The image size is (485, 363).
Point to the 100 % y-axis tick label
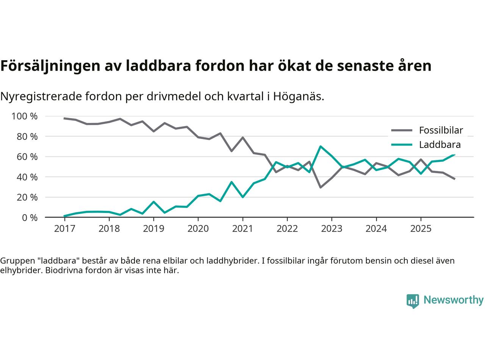click(x=25, y=116)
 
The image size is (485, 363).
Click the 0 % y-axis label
click(x=29, y=217)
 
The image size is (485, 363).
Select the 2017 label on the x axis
click(x=64, y=229)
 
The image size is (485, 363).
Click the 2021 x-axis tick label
click(x=242, y=229)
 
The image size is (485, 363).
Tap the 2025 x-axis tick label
click(x=421, y=229)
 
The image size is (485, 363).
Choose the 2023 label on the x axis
click(x=332, y=229)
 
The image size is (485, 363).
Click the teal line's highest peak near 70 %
click(x=321, y=146)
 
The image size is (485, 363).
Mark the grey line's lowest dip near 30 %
click(x=321, y=187)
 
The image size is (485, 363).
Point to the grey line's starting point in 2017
click(x=64, y=118)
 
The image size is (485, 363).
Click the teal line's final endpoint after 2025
click(x=454, y=154)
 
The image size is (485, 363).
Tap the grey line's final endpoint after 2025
click(x=454, y=179)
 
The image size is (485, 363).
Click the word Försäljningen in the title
click(x=48, y=66)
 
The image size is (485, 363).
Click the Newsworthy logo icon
click(x=413, y=301)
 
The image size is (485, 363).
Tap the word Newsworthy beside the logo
click(x=453, y=300)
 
